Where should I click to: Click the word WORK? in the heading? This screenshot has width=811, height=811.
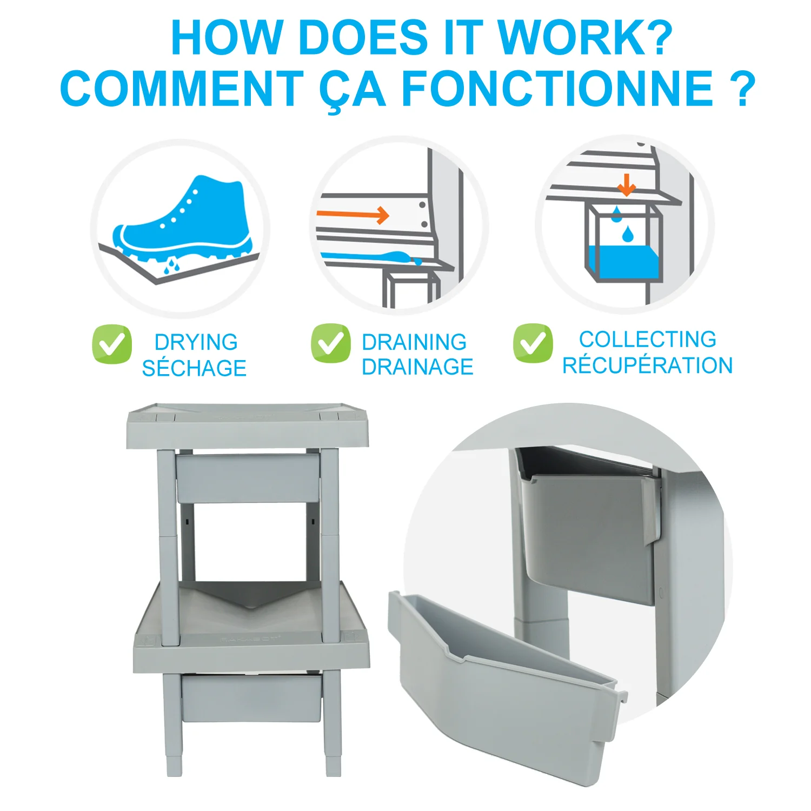tap(584, 37)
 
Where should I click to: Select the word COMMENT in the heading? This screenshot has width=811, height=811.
tap(182, 88)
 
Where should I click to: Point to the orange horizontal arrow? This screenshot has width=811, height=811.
tap(353, 215)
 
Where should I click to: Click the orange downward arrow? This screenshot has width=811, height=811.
tap(627, 184)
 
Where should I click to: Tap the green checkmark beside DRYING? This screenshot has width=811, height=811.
tap(112, 344)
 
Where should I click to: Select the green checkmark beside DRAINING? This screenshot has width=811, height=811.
tap(330, 343)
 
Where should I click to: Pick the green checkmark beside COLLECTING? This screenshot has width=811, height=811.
tap(533, 343)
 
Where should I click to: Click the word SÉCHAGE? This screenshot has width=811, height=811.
tap(194, 368)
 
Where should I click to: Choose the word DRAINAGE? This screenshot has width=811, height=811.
tap(417, 367)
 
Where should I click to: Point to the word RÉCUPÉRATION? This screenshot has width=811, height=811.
tap(648, 365)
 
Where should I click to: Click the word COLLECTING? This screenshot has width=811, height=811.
tap(648, 340)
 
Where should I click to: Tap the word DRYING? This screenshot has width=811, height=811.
tap(196, 342)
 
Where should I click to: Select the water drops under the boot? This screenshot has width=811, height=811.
tap(172, 265)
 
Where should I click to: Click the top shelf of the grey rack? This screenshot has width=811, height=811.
tap(248, 426)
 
